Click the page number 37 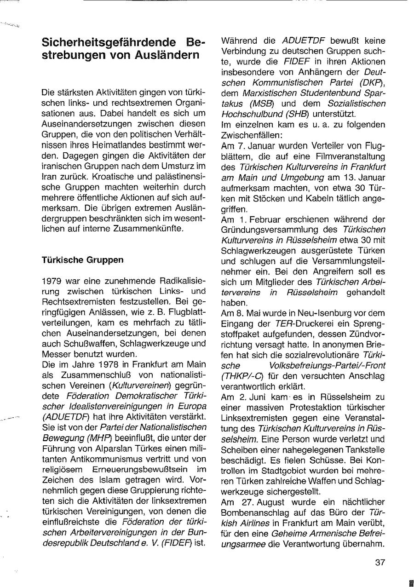[x=380, y=562]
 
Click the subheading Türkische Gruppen [x=82, y=260]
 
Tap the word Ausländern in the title [x=163, y=55]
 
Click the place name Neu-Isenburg [x=303, y=313]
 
